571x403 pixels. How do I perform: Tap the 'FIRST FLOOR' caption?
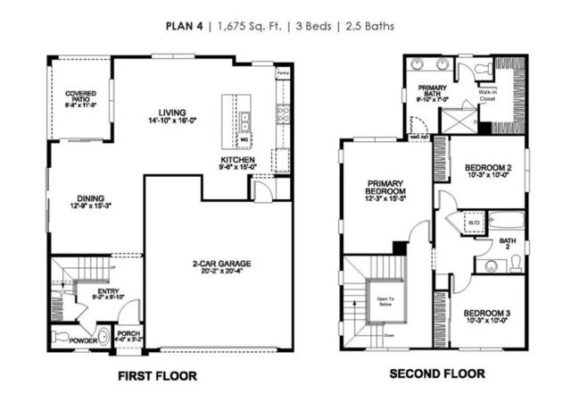click(157, 376)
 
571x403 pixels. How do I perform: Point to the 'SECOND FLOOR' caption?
click(436, 374)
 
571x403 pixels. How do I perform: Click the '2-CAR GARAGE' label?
click(218, 264)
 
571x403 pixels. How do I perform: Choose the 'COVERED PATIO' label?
click(81, 97)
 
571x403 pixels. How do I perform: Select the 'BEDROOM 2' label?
click(487, 168)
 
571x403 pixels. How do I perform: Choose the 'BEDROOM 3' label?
click(487, 313)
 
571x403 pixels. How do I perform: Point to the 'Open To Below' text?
click(385, 300)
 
